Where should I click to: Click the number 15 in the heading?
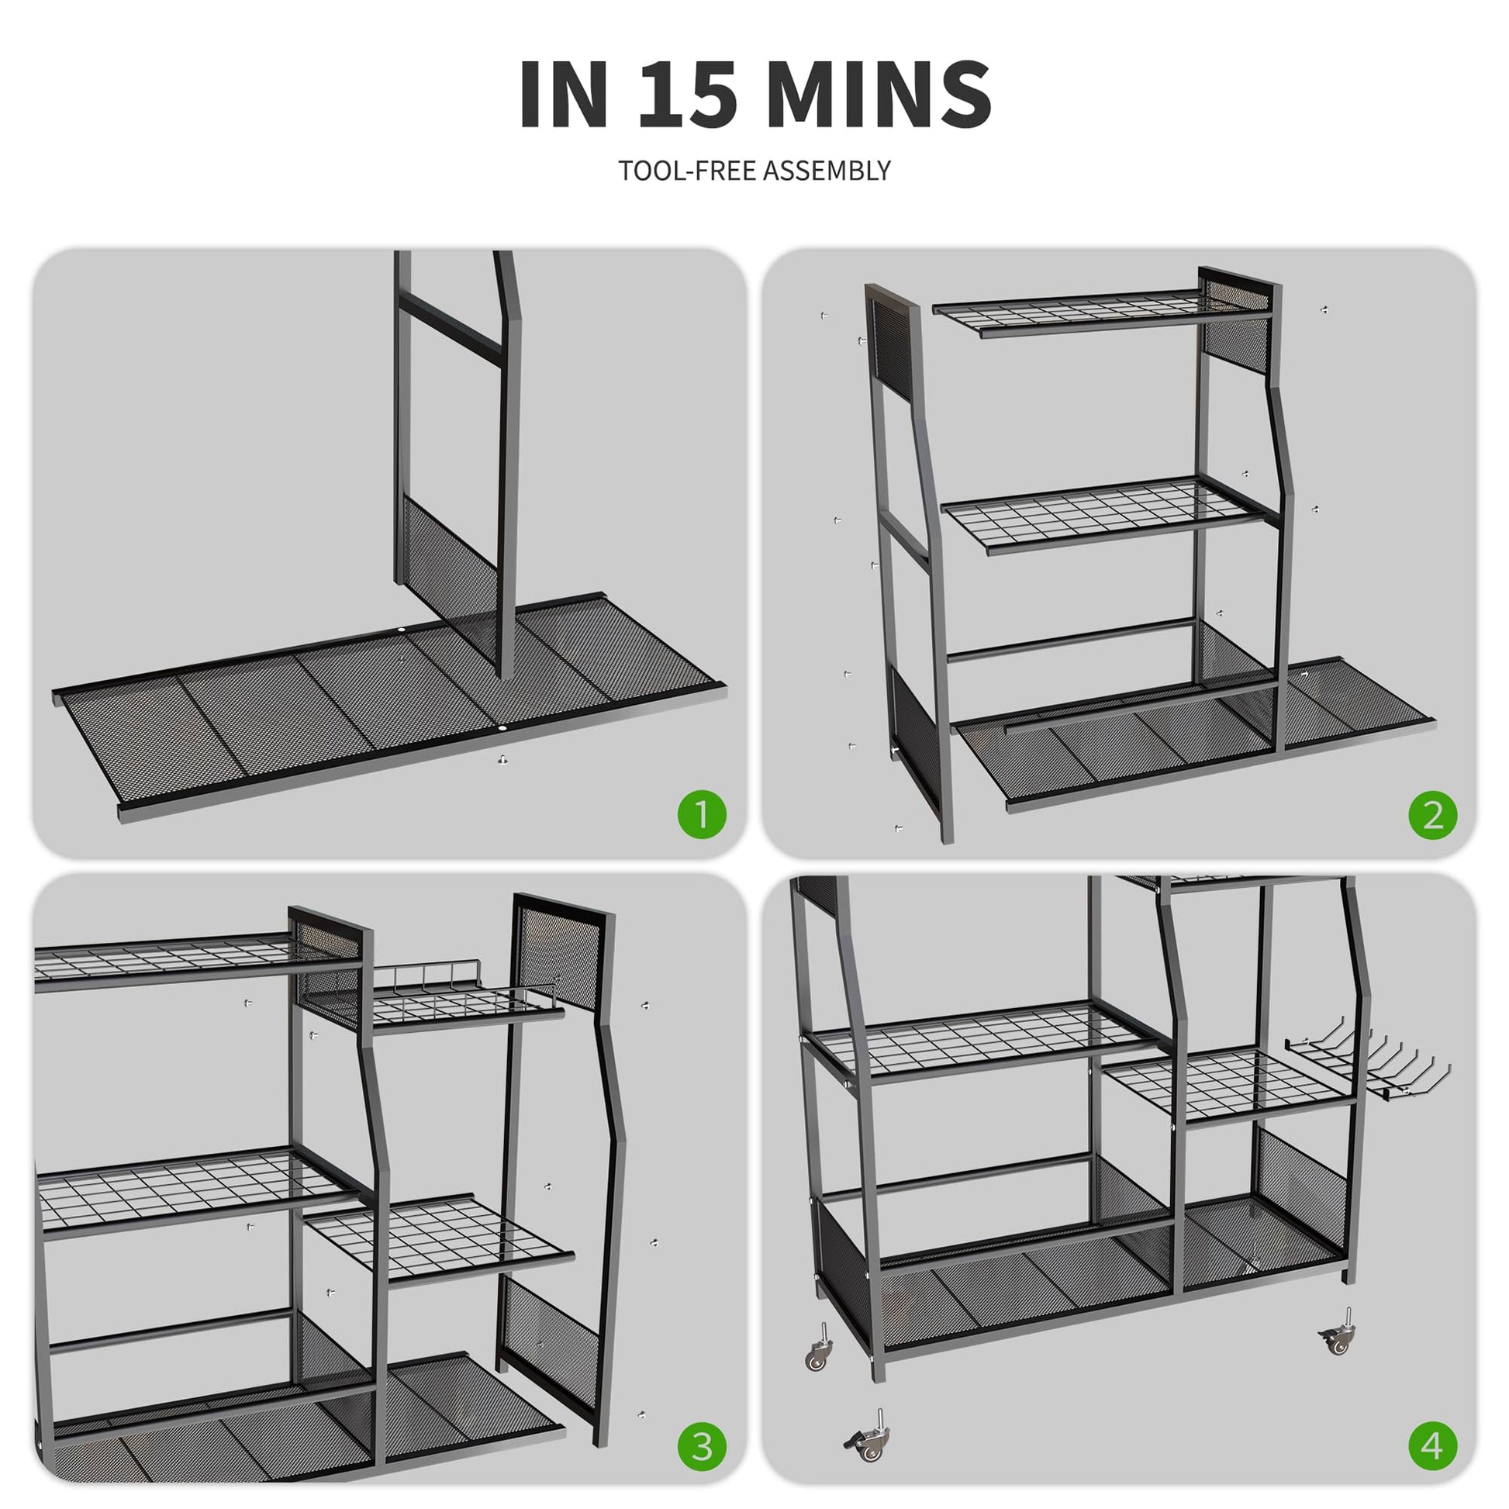(687, 93)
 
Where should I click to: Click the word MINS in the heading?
(879, 93)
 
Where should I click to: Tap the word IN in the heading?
(564, 93)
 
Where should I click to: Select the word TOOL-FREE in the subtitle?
(687, 171)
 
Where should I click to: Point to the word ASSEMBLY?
(827, 171)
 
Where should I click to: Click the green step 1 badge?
(703, 814)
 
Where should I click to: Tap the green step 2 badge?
(1432, 814)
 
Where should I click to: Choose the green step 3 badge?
(703, 1446)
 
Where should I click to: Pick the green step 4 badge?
(1432, 1446)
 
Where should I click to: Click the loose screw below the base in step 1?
(502, 758)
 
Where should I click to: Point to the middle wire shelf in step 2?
(1109, 516)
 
